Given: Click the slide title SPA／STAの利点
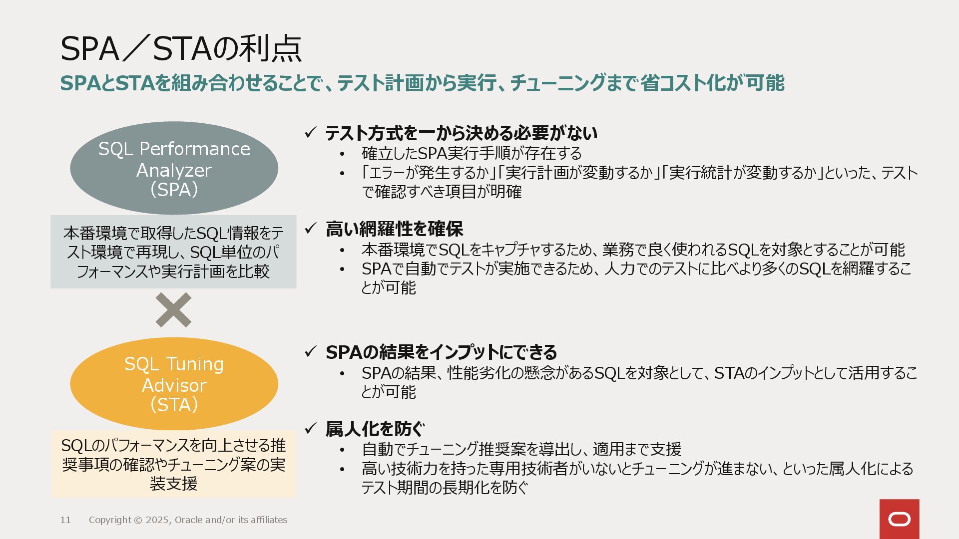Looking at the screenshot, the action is coord(181,49).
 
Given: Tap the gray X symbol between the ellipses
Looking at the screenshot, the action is coord(173,310).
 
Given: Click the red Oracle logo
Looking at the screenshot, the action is coord(899,519).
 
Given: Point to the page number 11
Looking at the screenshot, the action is coord(65,520).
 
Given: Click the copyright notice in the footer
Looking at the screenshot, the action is coord(188,520).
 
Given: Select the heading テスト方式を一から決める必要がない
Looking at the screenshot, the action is coord(461,133).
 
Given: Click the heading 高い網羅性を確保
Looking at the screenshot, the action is coord(394,229).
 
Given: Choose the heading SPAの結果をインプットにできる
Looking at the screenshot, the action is coord(441,352).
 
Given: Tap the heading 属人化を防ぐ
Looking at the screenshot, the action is coord(375,429).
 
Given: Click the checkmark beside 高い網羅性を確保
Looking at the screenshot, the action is coord(311,229).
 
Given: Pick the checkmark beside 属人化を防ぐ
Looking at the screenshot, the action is coord(311,428).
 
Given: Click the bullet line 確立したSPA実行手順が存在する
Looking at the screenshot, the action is coord(472,153).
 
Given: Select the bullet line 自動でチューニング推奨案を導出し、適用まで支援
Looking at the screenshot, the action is coord(521,449).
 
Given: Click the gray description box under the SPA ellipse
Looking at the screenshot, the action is coord(173,252).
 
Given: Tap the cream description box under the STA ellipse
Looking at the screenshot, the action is coord(173,464).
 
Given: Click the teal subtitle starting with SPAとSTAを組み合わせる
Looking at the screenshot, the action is coord(422,83).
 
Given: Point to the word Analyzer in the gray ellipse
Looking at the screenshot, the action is coord(174,170).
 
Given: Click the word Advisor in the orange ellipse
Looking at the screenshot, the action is coord(174,385).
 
